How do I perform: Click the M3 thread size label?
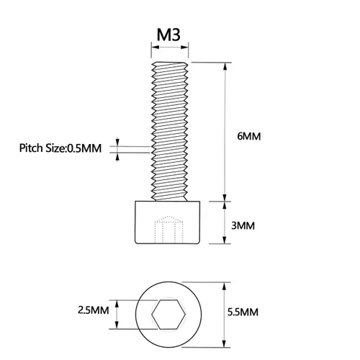click(168, 35)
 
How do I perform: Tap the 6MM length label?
click(249, 136)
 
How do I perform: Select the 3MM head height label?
click(243, 225)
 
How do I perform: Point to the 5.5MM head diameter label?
click(243, 312)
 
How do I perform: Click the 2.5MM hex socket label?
click(94, 310)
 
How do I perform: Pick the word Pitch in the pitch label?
click(30, 148)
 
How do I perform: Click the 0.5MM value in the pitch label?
click(84, 148)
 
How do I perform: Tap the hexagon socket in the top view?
click(168, 315)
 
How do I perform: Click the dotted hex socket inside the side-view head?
click(169, 230)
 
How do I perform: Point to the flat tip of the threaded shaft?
click(170, 63)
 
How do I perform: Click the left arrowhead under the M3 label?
click(155, 47)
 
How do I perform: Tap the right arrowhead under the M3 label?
click(184, 47)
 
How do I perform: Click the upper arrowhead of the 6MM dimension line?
click(225, 66)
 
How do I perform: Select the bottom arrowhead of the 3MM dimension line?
click(225, 240)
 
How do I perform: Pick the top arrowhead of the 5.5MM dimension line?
click(225, 287)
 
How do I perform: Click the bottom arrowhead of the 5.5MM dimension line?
click(225, 343)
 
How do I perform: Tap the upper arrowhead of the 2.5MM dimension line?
click(117, 304)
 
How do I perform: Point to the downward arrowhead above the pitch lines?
click(117, 143)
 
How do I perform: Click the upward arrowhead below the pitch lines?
click(117, 156)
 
